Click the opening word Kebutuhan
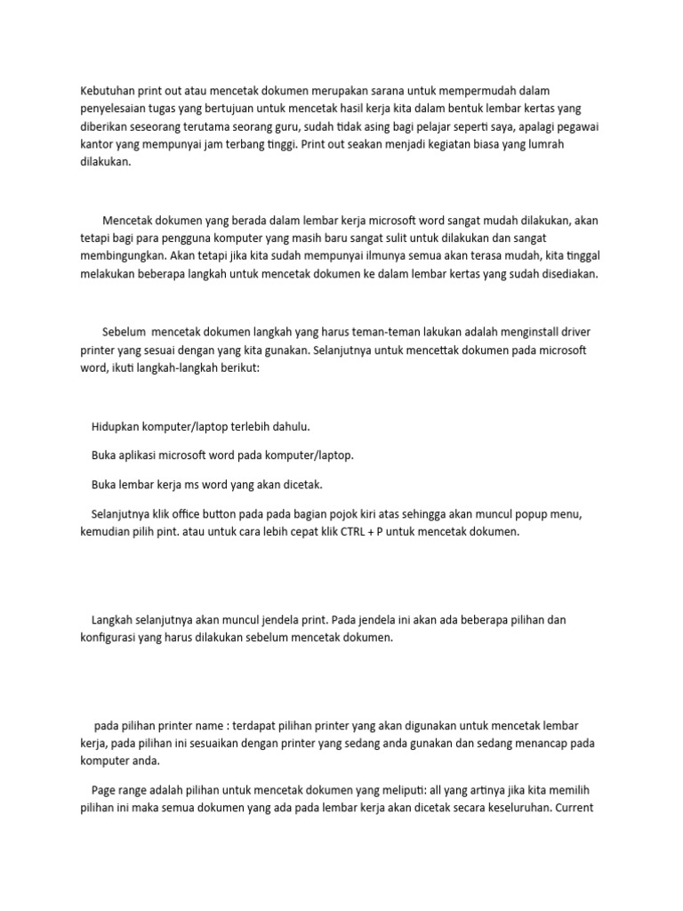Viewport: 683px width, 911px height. coord(108,90)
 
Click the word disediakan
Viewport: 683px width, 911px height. coord(564,275)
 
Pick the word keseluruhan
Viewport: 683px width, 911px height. coord(509,810)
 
